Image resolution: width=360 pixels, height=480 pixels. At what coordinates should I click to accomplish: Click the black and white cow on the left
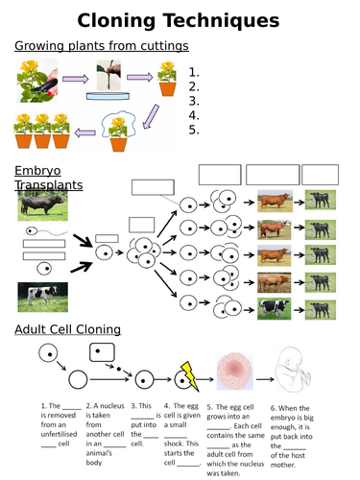tap(41, 298)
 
